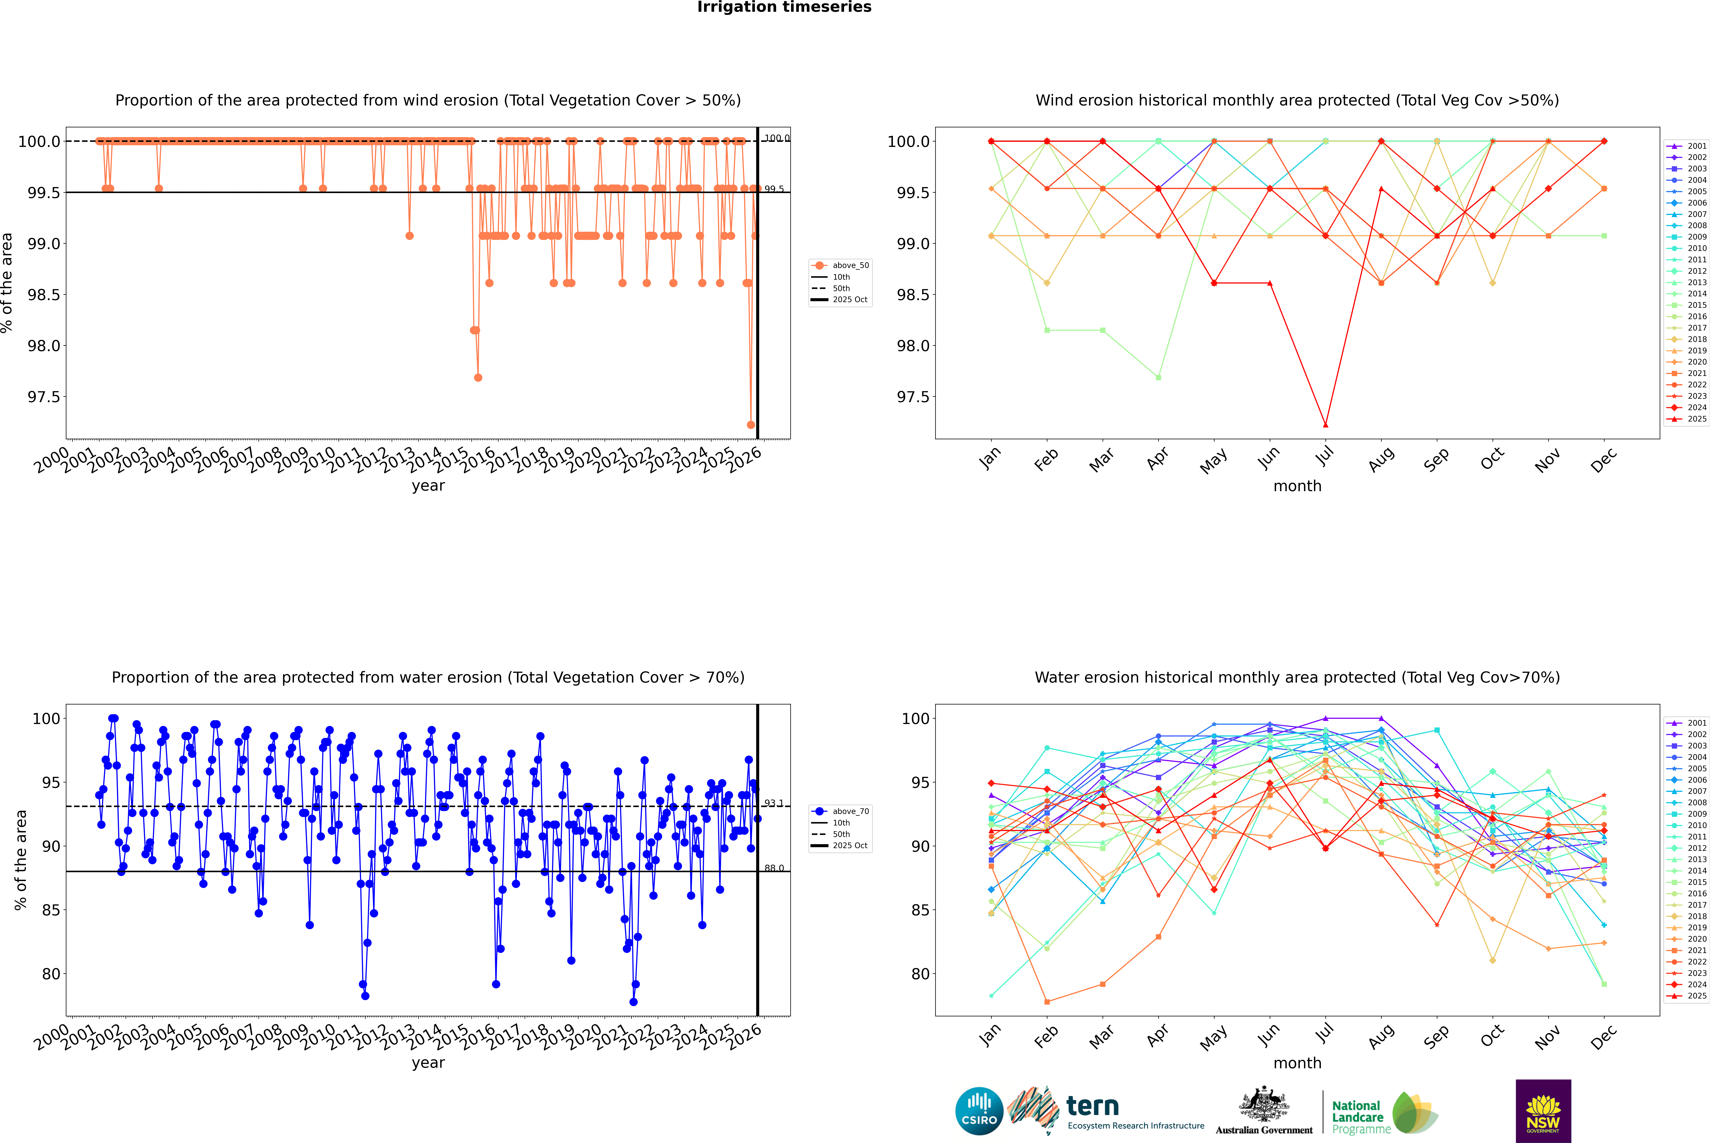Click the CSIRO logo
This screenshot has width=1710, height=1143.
pos(979,1111)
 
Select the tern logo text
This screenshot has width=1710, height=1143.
pos(1092,1106)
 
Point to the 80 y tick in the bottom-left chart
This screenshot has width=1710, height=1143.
pos(51,974)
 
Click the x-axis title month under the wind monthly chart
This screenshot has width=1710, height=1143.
pos(1297,486)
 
